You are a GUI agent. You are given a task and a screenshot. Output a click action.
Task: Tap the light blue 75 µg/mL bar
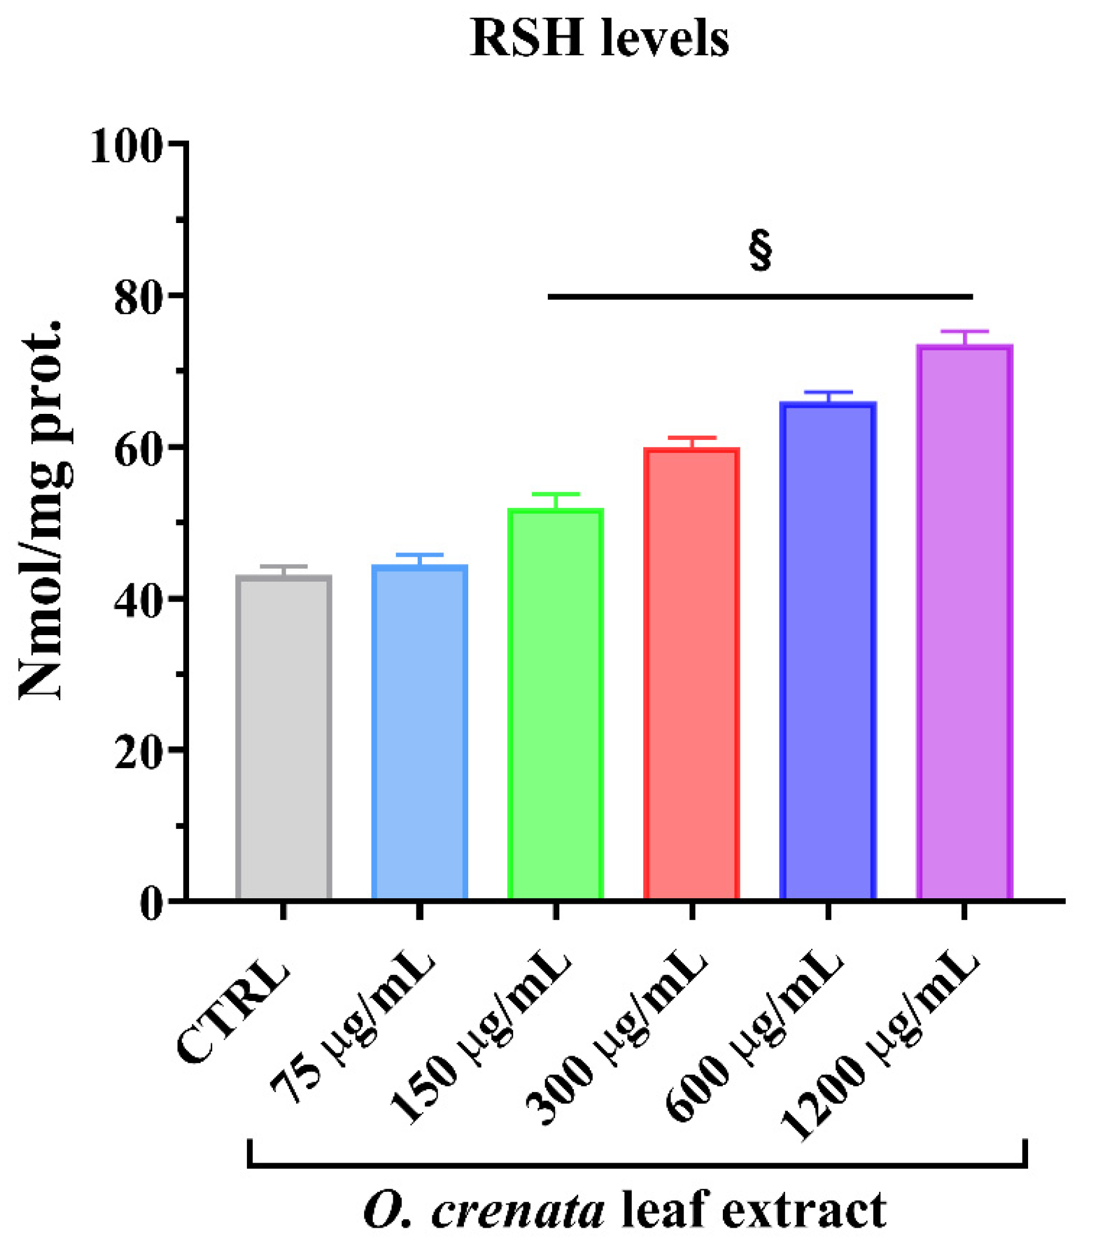pos(420,732)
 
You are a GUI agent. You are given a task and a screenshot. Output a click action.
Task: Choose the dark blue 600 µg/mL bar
pos(827,650)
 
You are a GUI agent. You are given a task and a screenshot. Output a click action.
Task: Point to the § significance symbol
pos(760,249)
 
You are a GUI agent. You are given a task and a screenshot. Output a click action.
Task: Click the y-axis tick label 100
pos(126,146)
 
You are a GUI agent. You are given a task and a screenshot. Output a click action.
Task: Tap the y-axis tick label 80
pos(139,298)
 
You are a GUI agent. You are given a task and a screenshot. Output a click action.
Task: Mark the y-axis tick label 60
pos(139,450)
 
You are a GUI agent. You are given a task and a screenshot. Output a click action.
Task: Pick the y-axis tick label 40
pos(139,601)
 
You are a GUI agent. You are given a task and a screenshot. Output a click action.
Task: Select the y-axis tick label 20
pos(139,752)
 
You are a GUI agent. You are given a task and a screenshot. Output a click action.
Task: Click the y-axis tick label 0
pos(151,904)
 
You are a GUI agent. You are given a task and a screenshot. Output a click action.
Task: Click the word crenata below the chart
pos(517,1211)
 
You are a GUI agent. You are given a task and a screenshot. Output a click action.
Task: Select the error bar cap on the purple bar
pos(964,331)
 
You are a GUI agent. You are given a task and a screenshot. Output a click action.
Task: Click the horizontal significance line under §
pos(760,297)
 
